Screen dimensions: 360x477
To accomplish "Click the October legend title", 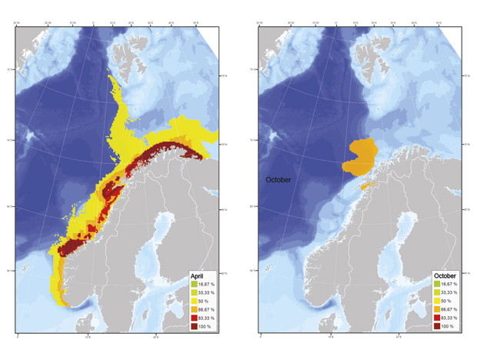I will click(445, 275).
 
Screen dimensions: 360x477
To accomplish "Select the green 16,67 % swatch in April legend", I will click(195, 284).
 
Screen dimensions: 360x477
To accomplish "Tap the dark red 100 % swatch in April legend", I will click(195, 326).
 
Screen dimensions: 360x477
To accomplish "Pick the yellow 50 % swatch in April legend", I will click(195, 301).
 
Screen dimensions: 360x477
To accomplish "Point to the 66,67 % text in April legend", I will click(208, 309).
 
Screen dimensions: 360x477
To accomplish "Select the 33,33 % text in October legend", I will click(452, 292).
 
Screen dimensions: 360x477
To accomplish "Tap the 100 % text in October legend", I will click(451, 326).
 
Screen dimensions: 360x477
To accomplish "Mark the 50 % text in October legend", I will click(449, 301).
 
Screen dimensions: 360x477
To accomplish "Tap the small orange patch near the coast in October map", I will click(365, 185).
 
